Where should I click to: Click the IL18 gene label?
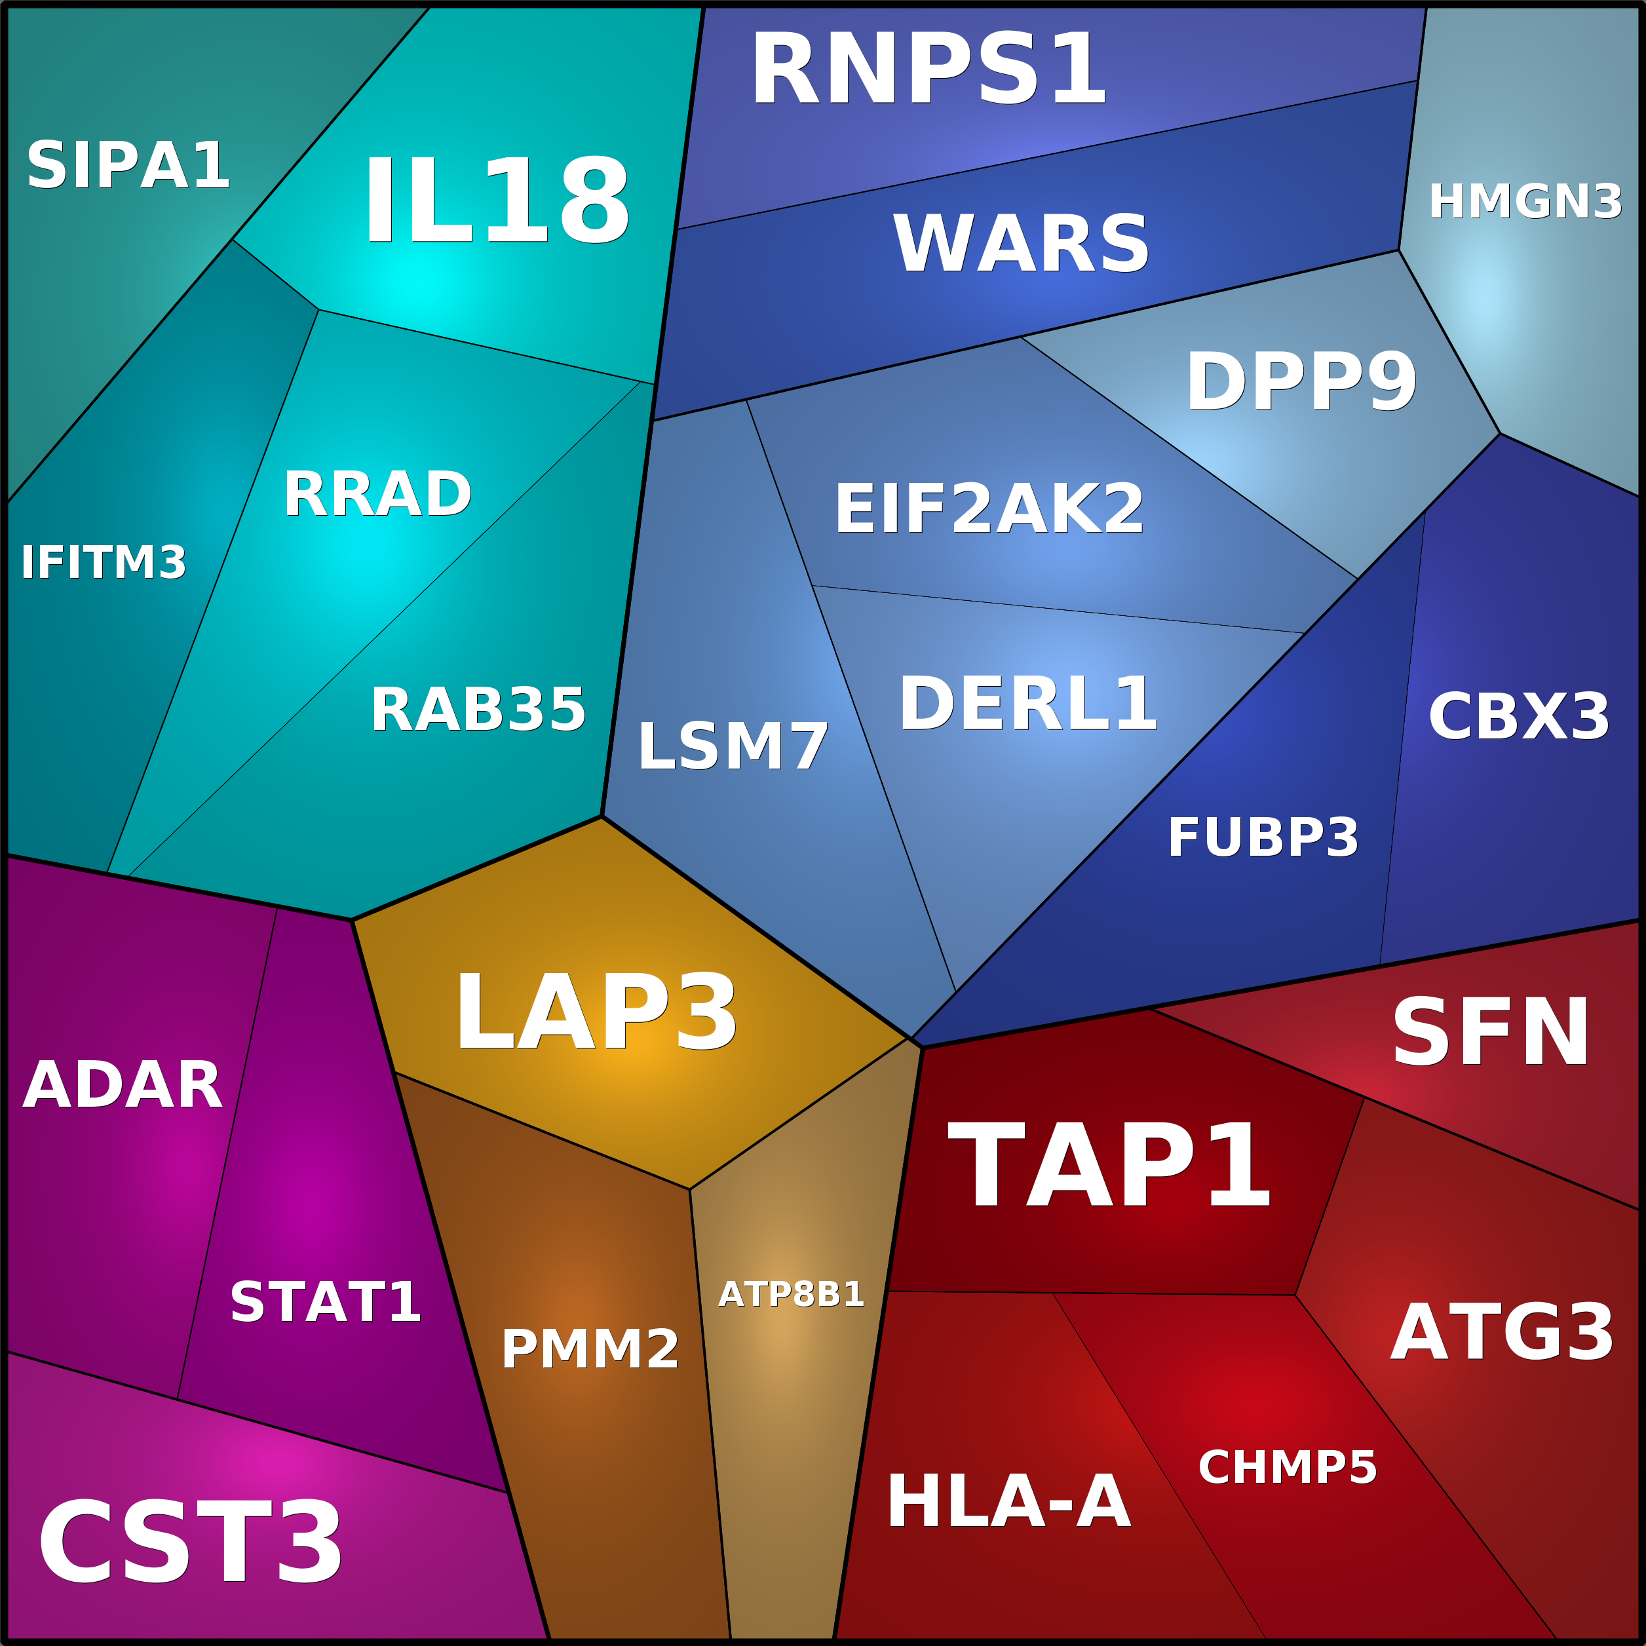[x=497, y=202]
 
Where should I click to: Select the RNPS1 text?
[x=927, y=70]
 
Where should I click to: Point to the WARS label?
[x=1021, y=244]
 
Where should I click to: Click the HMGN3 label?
[x=1525, y=202]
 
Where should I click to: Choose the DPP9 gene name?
[x=1301, y=383]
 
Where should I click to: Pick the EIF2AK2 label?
[x=988, y=510]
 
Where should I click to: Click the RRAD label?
[x=377, y=494]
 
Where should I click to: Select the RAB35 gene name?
[x=477, y=710]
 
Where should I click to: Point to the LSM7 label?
[x=733, y=747]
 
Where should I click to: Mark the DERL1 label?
[x=1027, y=704]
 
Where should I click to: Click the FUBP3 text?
[x=1263, y=838]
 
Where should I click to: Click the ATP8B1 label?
[x=791, y=1294]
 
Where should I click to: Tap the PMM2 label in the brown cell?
[x=590, y=1350]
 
